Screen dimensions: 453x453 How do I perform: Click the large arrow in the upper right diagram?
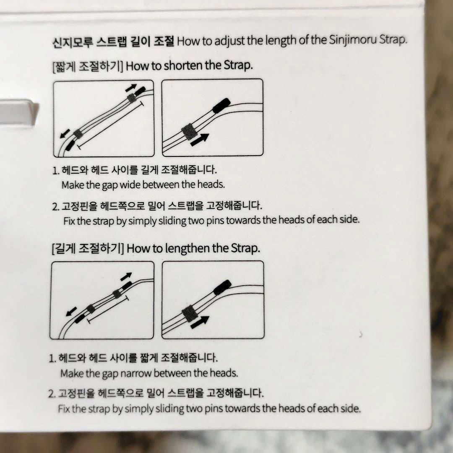tap(200, 140)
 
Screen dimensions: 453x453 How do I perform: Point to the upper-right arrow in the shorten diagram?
tap(131, 88)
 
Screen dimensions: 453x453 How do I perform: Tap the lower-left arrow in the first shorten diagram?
tap(65, 133)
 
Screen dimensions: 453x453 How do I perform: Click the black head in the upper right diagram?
tap(221, 105)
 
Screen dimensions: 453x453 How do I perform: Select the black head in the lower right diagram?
tap(222, 287)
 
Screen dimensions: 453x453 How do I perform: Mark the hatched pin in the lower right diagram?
tap(190, 313)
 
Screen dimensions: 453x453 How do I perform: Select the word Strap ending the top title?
tap(392, 39)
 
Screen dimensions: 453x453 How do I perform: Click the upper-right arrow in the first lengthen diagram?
tap(126, 276)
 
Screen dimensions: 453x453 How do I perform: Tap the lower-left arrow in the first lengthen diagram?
tap(71, 311)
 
